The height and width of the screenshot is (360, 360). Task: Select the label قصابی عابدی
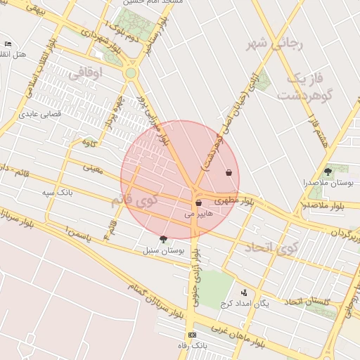(x=40, y=112)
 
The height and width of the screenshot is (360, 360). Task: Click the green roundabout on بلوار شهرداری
(x=130, y=72)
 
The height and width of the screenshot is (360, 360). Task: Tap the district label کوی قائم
(x=135, y=201)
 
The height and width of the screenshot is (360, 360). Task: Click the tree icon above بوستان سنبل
(x=165, y=239)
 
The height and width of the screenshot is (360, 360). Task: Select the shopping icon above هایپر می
(x=199, y=202)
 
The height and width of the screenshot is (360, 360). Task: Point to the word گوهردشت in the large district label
(x=304, y=95)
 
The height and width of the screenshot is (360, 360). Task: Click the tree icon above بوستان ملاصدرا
(x=328, y=171)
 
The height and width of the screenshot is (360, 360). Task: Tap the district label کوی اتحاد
(x=271, y=247)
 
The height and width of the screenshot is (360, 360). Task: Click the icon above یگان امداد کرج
(x=244, y=292)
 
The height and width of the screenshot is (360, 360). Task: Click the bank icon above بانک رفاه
(x=192, y=335)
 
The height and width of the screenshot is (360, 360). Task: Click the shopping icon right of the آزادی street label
(x=229, y=172)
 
